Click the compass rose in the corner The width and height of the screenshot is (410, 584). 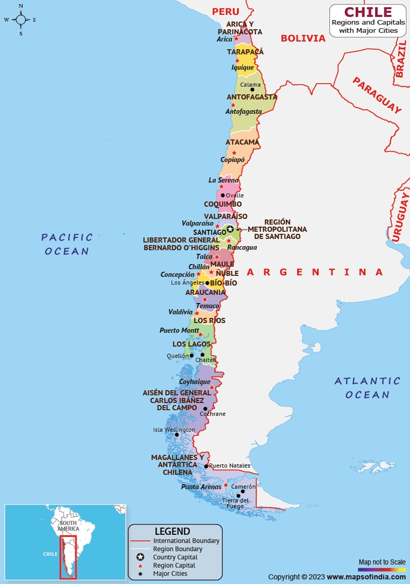[20, 20]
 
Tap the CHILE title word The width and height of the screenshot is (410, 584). [367, 12]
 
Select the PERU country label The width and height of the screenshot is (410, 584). [225, 12]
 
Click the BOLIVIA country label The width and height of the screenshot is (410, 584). [303, 38]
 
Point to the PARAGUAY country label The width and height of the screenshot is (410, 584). [377, 95]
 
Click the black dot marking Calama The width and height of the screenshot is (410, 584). [252, 90]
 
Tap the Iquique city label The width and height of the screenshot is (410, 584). [242, 67]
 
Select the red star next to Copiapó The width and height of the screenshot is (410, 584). [234, 153]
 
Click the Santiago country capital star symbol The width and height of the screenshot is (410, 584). [230, 229]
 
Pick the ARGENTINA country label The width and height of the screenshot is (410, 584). [315, 272]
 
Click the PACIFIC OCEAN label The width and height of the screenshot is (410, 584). [67, 244]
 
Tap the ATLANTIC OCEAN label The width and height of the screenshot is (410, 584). [367, 388]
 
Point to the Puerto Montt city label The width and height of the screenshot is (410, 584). [176, 331]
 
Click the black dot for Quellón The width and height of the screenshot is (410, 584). [192, 355]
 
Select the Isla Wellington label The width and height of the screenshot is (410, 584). [174, 430]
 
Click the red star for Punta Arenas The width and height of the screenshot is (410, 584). [225, 485]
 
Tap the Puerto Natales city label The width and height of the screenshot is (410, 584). [229, 466]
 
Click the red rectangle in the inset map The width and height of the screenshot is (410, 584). [68, 557]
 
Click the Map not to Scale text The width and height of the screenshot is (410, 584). [382, 562]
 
